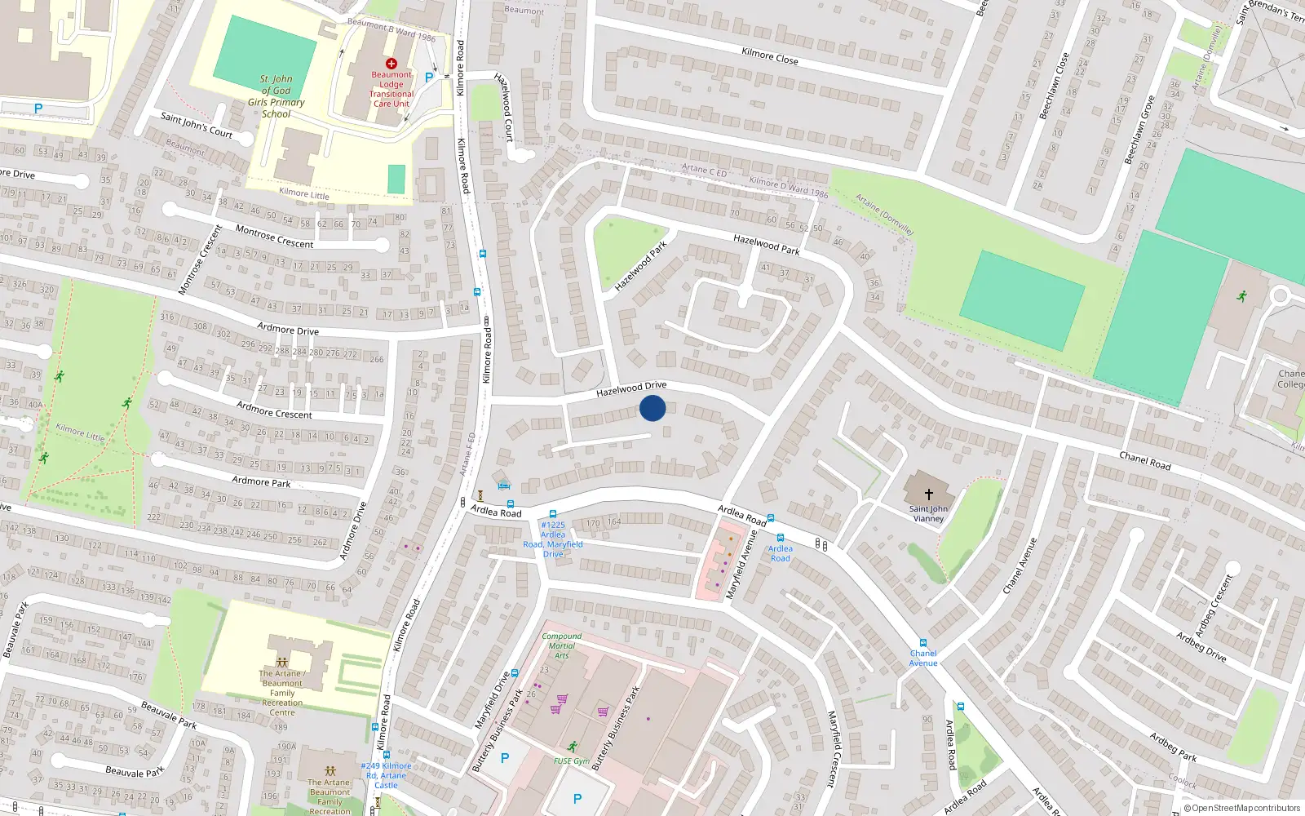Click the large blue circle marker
click(652, 408)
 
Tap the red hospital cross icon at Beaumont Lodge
click(391, 64)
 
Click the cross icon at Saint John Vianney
click(928, 494)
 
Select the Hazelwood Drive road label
click(631, 389)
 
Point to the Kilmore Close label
click(770, 55)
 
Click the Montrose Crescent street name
click(274, 237)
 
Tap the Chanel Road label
click(1144, 461)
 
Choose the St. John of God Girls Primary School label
click(276, 96)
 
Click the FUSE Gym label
click(571, 761)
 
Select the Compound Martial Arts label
click(562, 645)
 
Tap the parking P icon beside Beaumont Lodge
click(429, 78)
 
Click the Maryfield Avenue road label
click(741, 564)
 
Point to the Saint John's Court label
click(197, 125)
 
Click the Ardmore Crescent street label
click(274, 410)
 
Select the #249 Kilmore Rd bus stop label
click(386, 775)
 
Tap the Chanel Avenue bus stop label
click(923, 658)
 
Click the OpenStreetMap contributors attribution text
click(1241, 809)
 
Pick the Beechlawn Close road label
click(1053, 86)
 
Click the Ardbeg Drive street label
click(1201, 646)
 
